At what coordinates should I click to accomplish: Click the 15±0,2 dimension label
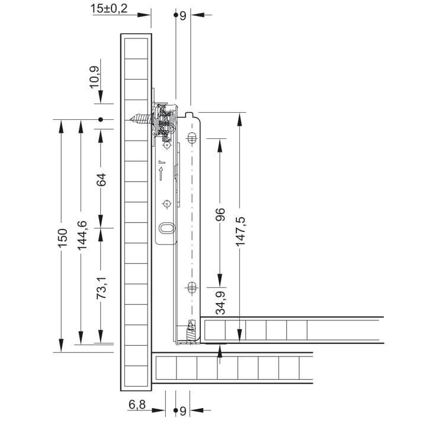point(109,9)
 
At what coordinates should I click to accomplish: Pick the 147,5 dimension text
point(240,231)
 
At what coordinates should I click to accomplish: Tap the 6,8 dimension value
point(137,405)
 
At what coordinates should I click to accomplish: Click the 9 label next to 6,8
point(183,410)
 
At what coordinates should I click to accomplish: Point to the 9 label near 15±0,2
point(183,16)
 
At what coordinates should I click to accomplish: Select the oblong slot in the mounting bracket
point(166,228)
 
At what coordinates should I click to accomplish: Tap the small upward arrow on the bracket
point(160,174)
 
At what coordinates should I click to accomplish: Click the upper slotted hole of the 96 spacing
point(191,139)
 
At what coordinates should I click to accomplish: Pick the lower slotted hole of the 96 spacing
point(191,287)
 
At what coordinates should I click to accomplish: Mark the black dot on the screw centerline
point(101,120)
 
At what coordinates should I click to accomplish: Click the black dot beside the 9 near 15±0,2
point(176,15)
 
